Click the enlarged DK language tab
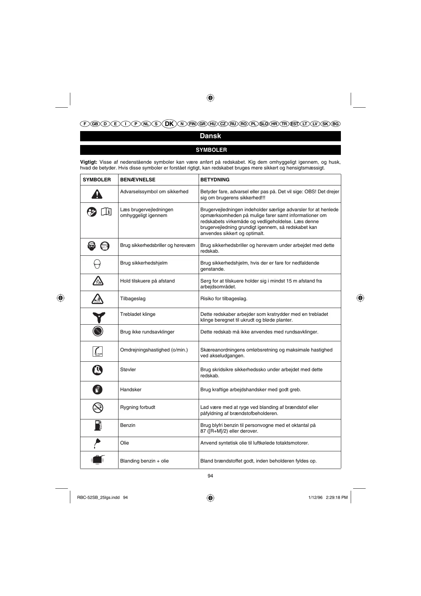[169, 124]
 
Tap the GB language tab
[95, 124]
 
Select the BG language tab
[335, 124]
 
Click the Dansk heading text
[210, 136]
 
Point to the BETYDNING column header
[215, 180]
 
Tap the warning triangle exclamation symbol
[97, 194]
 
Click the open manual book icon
[106, 212]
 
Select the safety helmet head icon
[97, 264]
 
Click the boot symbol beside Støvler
[97, 370]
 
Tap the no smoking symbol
[97, 407]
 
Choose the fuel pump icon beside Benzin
[98, 425]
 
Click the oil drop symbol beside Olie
[97, 443]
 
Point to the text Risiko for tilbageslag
[224, 299]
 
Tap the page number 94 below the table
[210, 476]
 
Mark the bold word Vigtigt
[89, 162]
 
